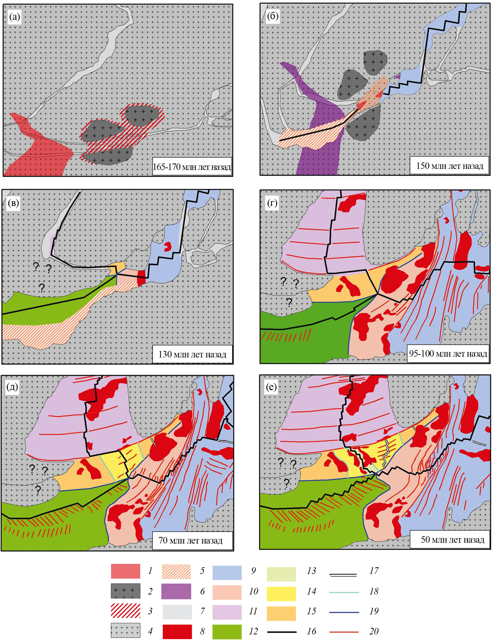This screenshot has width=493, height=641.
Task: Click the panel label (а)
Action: [x=15, y=17]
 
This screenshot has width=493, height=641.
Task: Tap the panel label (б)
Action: [x=272, y=16]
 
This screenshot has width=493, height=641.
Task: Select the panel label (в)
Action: [x=13, y=203]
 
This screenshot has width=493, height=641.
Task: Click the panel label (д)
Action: [x=12, y=387]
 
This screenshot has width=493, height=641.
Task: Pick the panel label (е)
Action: [x=271, y=387]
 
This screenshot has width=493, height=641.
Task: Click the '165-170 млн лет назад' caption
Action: [x=192, y=167]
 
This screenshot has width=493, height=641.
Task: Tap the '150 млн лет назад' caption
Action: [x=449, y=166]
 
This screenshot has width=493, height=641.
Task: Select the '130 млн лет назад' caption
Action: [x=192, y=354]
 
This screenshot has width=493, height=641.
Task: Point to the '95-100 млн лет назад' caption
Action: [x=448, y=354]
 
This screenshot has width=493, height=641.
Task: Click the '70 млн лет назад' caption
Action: [x=190, y=540]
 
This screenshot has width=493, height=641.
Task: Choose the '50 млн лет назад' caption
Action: [x=452, y=539]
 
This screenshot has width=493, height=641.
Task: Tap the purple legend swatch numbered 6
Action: [x=176, y=591]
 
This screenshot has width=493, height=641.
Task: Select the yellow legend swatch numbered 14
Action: [x=281, y=594]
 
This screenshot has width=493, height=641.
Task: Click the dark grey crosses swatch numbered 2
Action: [x=125, y=591]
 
